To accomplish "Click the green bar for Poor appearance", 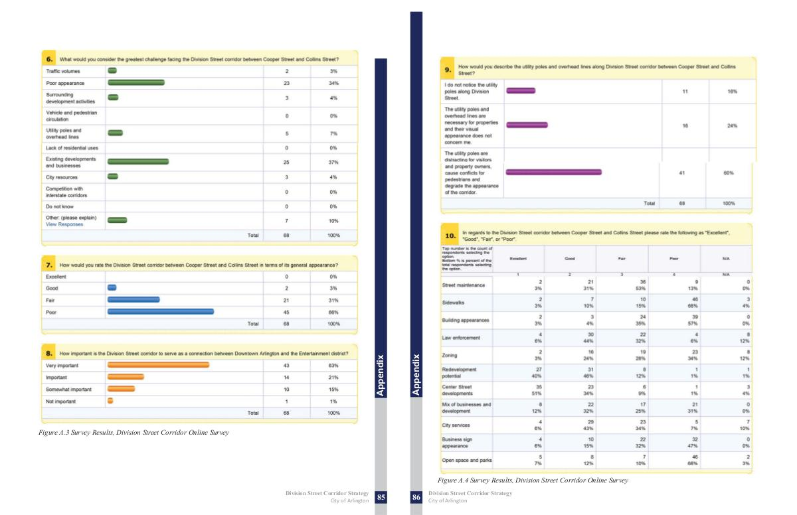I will point(136,83).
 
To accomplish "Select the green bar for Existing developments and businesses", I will point(138,161).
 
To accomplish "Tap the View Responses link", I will point(64,224).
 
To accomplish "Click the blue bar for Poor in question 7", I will point(161,311).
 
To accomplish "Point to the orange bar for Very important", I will point(158,365).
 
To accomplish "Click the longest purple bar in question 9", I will point(554,172).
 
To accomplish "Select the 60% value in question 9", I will point(728,173).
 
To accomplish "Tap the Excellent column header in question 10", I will point(518,257).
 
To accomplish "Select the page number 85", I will point(381,497).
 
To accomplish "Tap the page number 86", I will point(416,497).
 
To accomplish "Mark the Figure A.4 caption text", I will point(533,480).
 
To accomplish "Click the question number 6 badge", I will point(50,59).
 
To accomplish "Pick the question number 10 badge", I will point(450,235).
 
